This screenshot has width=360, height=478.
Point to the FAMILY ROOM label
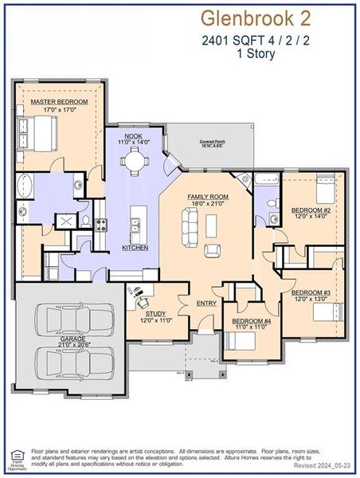[208, 196]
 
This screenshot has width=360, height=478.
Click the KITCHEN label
[135, 248]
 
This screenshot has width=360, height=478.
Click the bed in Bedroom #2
[325, 190]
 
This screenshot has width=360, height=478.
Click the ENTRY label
[206, 303]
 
